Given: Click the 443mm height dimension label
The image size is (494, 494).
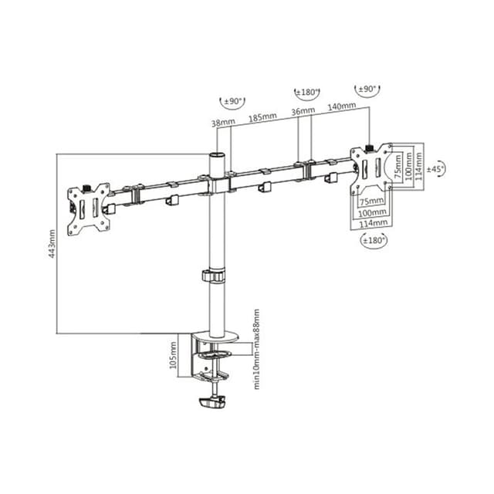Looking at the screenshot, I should tap(52, 243).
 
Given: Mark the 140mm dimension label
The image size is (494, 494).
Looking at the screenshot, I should tap(342, 106).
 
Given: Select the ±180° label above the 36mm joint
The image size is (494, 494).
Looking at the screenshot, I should tap(307, 93).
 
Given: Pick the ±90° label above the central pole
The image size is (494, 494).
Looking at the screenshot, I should tap(232, 101).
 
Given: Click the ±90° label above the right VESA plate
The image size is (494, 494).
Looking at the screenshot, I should tap(365, 90).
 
